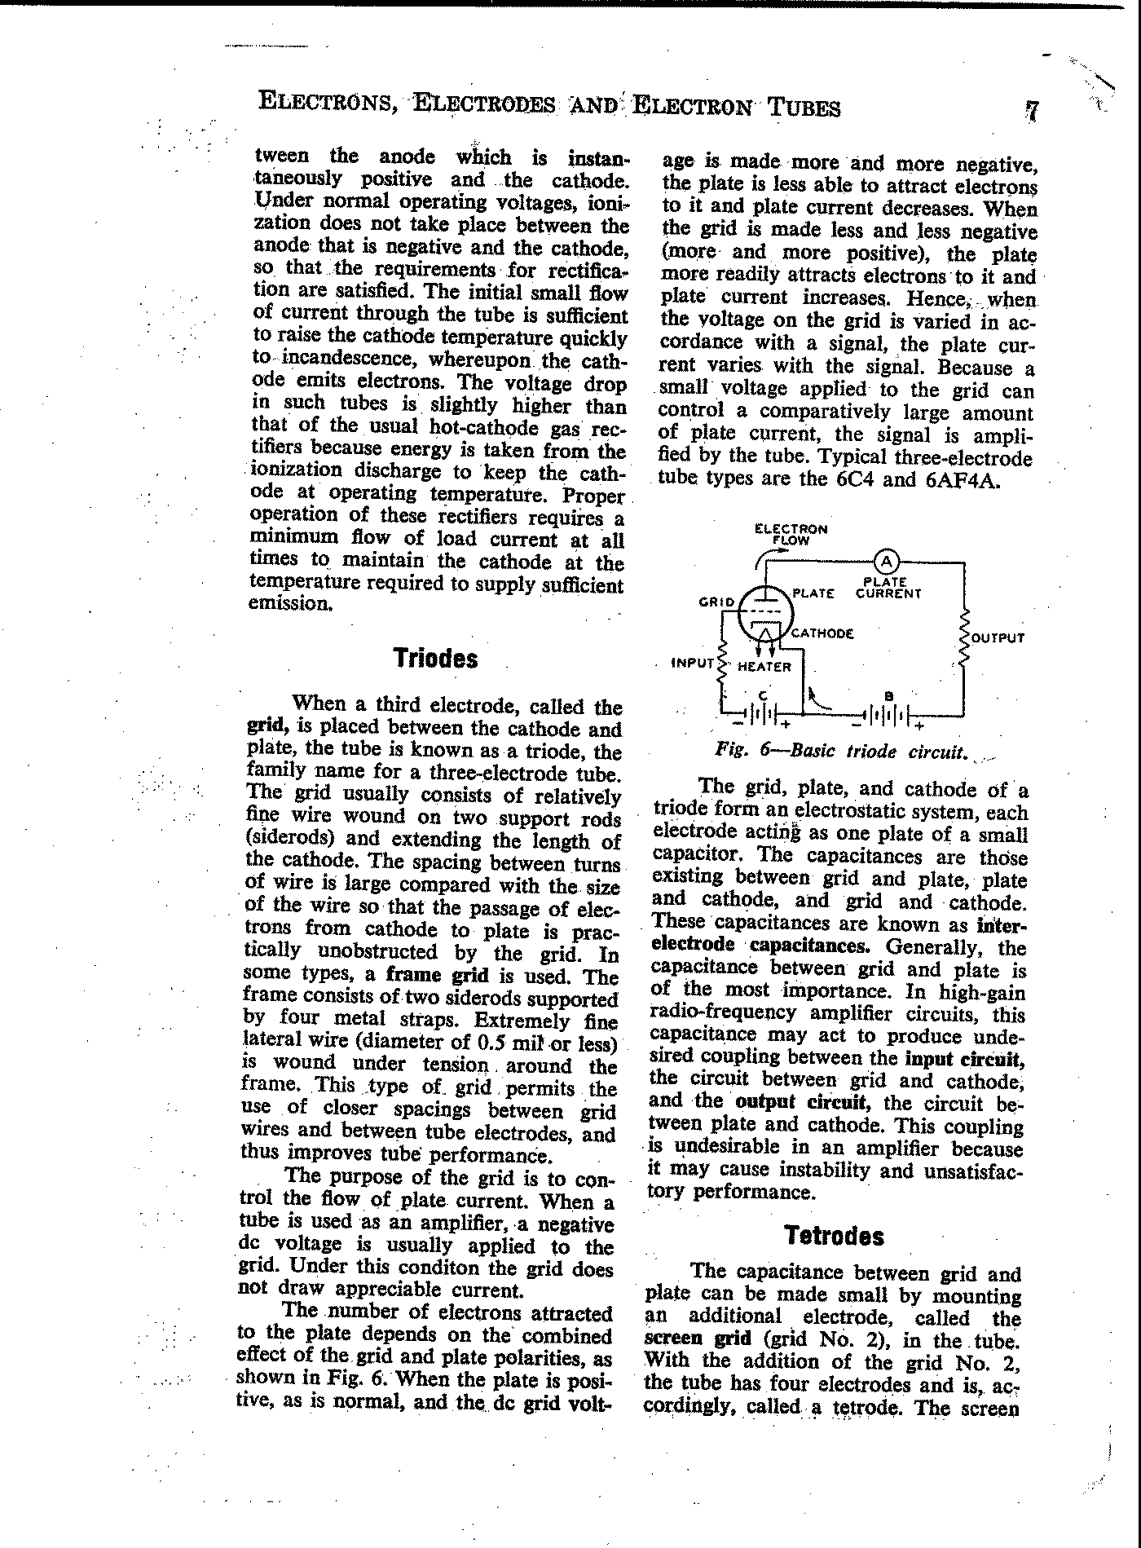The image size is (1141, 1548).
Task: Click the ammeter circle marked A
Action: tap(886, 562)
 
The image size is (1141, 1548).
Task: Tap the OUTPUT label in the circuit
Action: tap(997, 637)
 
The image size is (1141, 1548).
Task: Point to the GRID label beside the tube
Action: tap(716, 602)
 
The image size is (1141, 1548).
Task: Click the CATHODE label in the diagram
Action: tap(822, 633)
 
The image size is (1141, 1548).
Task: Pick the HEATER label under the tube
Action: tap(764, 667)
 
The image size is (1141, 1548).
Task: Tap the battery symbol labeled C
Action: tap(762, 714)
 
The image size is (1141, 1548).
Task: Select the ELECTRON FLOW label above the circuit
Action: tap(791, 534)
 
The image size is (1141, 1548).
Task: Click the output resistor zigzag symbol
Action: tap(966, 637)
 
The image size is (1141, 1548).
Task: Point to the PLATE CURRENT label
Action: tap(888, 588)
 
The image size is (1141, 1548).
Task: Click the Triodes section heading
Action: tap(434, 659)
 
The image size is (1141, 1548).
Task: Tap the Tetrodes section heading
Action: tap(834, 1236)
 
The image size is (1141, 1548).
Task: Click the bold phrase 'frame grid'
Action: tap(437, 975)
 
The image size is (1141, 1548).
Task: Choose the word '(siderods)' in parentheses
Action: tap(289, 839)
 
